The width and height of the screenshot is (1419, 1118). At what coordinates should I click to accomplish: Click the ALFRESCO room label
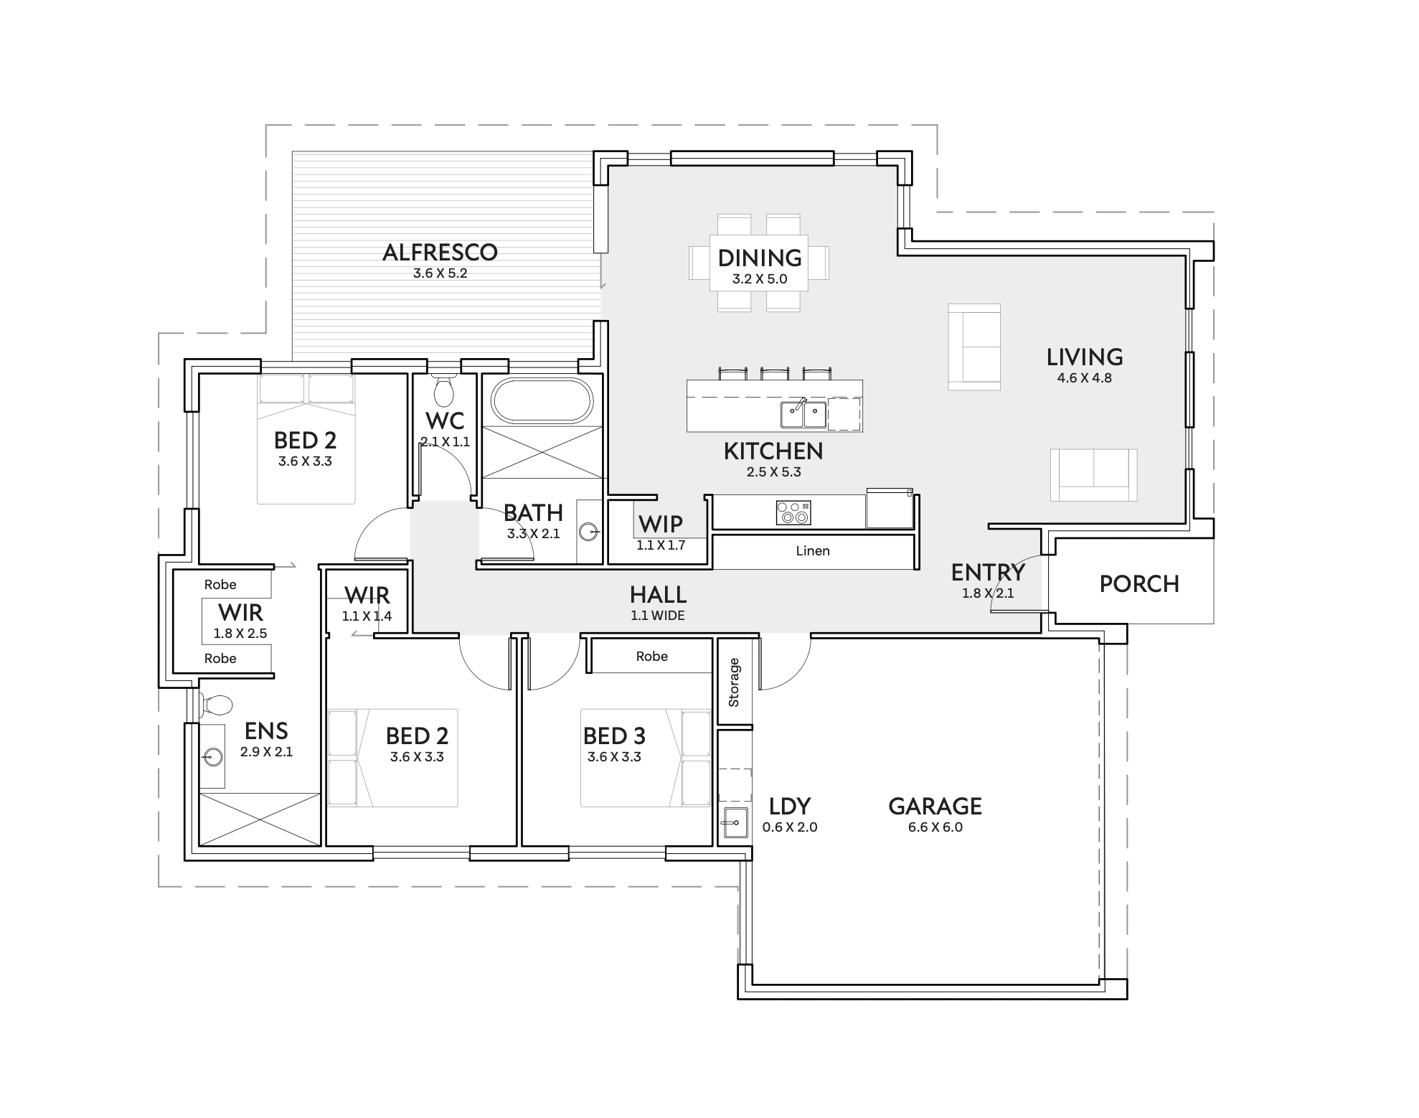pyautogui.click(x=440, y=253)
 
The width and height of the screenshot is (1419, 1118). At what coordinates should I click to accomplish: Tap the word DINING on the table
pyautogui.click(x=760, y=258)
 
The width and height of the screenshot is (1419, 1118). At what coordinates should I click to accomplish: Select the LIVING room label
pyautogui.click(x=1084, y=357)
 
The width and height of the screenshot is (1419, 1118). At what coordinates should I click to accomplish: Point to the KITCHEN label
pyautogui.click(x=773, y=451)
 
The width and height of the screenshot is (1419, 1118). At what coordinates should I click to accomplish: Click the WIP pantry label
pyautogui.click(x=660, y=524)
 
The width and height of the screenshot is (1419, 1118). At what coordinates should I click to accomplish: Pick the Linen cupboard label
pyautogui.click(x=813, y=551)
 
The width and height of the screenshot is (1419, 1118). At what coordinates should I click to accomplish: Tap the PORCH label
pyautogui.click(x=1139, y=584)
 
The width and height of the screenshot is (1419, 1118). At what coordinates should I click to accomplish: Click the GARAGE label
pyautogui.click(x=935, y=807)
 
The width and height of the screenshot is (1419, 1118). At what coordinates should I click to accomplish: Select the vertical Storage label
pyautogui.click(x=734, y=682)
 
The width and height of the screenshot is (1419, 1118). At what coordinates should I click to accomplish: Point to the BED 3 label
pyautogui.click(x=614, y=736)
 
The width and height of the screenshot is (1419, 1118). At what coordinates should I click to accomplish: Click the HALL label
pyautogui.click(x=658, y=594)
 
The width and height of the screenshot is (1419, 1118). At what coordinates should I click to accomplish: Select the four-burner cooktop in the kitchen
pyautogui.click(x=793, y=512)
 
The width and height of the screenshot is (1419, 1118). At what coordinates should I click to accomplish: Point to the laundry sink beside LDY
pyautogui.click(x=735, y=822)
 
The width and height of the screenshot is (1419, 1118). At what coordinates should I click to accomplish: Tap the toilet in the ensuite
pyautogui.click(x=216, y=705)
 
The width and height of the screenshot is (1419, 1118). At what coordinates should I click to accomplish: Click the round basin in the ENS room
pyautogui.click(x=212, y=756)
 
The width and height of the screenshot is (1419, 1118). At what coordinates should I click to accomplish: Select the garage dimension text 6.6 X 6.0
pyautogui.click(x=935, y=827)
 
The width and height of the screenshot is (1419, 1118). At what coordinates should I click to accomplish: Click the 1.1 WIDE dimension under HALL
pyautogui.click(x=658, y=616)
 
